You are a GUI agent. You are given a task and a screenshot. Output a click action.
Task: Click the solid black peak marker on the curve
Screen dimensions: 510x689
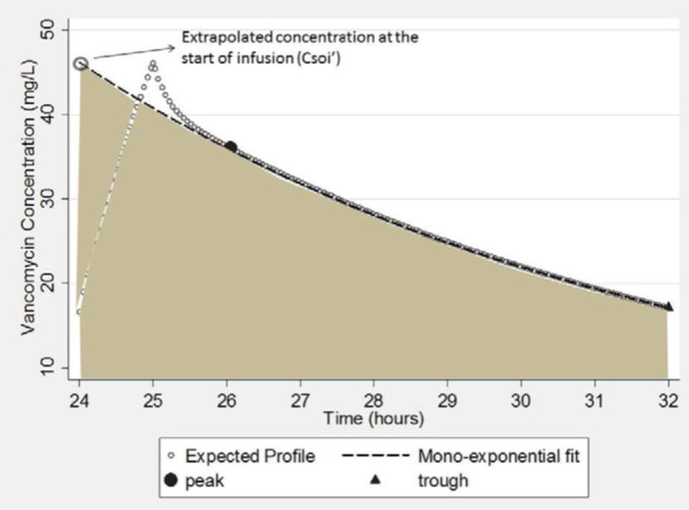click(x=231, y=147)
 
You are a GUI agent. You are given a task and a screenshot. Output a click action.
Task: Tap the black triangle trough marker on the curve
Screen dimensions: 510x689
click(x=668, y=306)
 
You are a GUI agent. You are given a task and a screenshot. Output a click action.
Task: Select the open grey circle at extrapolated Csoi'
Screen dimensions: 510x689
click(x=80, y=64)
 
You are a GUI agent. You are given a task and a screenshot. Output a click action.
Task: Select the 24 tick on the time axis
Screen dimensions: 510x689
click(x=79, y=397)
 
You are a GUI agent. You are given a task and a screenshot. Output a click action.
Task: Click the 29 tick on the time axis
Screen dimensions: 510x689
click(x=447, y=397)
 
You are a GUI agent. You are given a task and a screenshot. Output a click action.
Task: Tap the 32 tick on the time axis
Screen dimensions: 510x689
click(x=668, y=397)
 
